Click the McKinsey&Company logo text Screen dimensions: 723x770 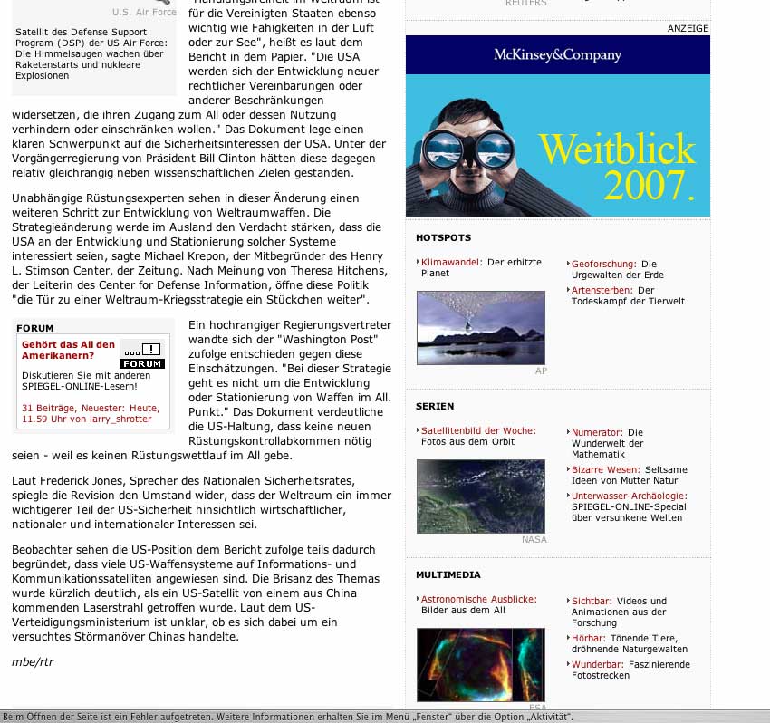[x=557, y=54]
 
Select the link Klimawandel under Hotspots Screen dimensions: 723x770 [x=451, y=263]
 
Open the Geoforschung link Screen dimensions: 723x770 [x=603, y=264]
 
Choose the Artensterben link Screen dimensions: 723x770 [x=602, y=291]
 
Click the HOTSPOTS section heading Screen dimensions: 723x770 [x=443, y=238]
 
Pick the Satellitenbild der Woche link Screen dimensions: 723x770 [x=478, y=431]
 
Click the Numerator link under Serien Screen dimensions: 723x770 [x=597, y=433]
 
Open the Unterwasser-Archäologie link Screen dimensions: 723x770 [x=629, y=496]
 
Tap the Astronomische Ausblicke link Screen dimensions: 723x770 [x=478, y=600]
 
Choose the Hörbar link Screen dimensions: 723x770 [x=589, y=639]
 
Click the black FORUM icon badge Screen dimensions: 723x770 [x=142, y=356]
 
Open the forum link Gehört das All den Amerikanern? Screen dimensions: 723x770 [x=68, y=350]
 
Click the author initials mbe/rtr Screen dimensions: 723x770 [x=33, y=661]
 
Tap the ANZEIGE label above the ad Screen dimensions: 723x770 [x=688, y=28]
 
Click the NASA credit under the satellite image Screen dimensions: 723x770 [x=534, y=540]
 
